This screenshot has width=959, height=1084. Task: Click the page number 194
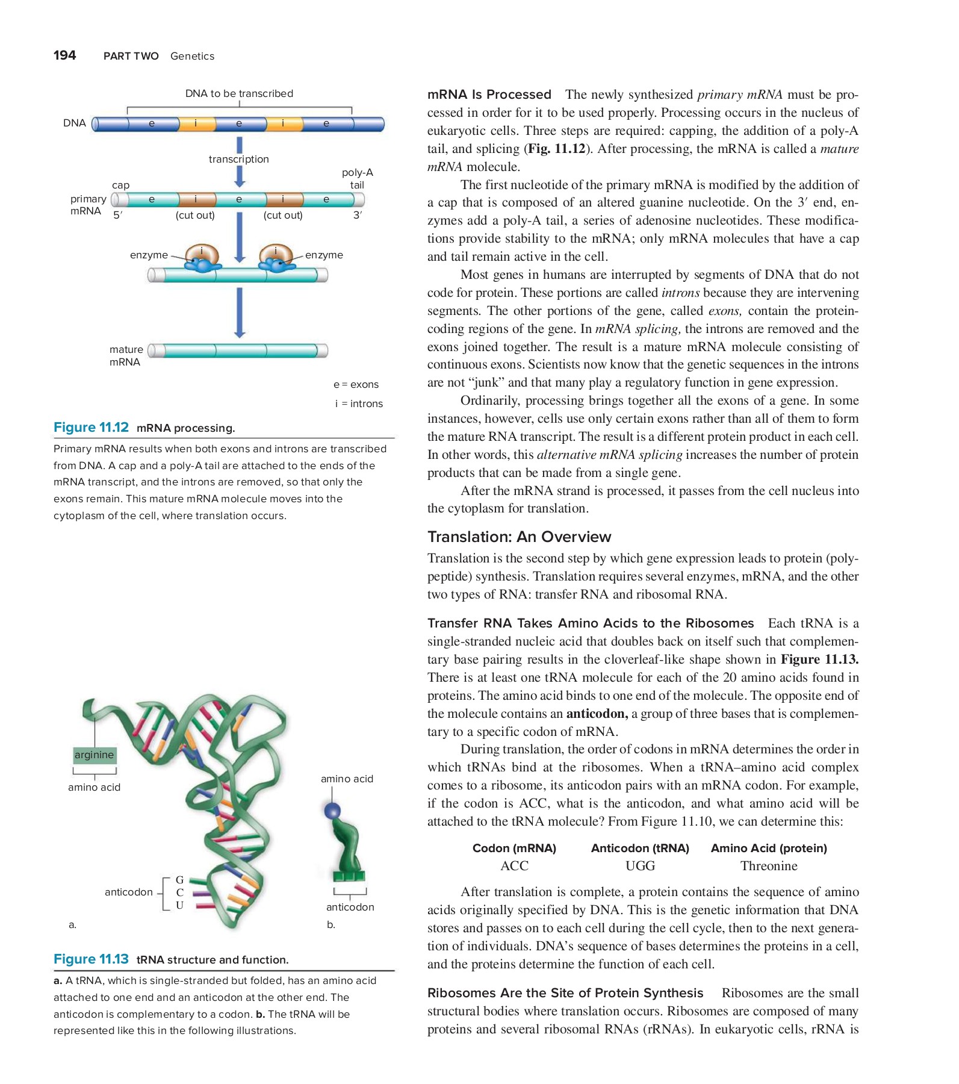point(64,55)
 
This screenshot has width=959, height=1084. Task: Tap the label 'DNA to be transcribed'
point(239,93)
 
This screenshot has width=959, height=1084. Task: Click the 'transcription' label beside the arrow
point(238,159)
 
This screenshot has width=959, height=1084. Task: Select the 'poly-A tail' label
point(357,178)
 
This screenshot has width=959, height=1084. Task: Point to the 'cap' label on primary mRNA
point(120,185)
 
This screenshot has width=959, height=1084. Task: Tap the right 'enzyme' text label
point(324,255)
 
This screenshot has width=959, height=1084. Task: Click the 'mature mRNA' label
point(125,355)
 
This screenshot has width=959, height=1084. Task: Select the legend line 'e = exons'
point(356,384)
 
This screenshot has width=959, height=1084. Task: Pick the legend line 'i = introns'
point(359,403)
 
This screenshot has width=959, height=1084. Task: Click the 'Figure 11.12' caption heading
point(91,428)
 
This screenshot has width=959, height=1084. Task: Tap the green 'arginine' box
point(94,755)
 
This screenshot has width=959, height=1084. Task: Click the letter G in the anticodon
point(179,880)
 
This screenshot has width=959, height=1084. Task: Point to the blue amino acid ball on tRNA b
point(332,811)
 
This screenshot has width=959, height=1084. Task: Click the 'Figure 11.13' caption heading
point(91,959)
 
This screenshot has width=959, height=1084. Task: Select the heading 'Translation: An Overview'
point(519,537)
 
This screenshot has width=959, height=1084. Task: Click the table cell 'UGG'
point(640,866)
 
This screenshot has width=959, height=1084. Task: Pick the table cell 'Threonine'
point(769,866)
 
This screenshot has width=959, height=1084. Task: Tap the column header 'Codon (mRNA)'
point(514,848)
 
